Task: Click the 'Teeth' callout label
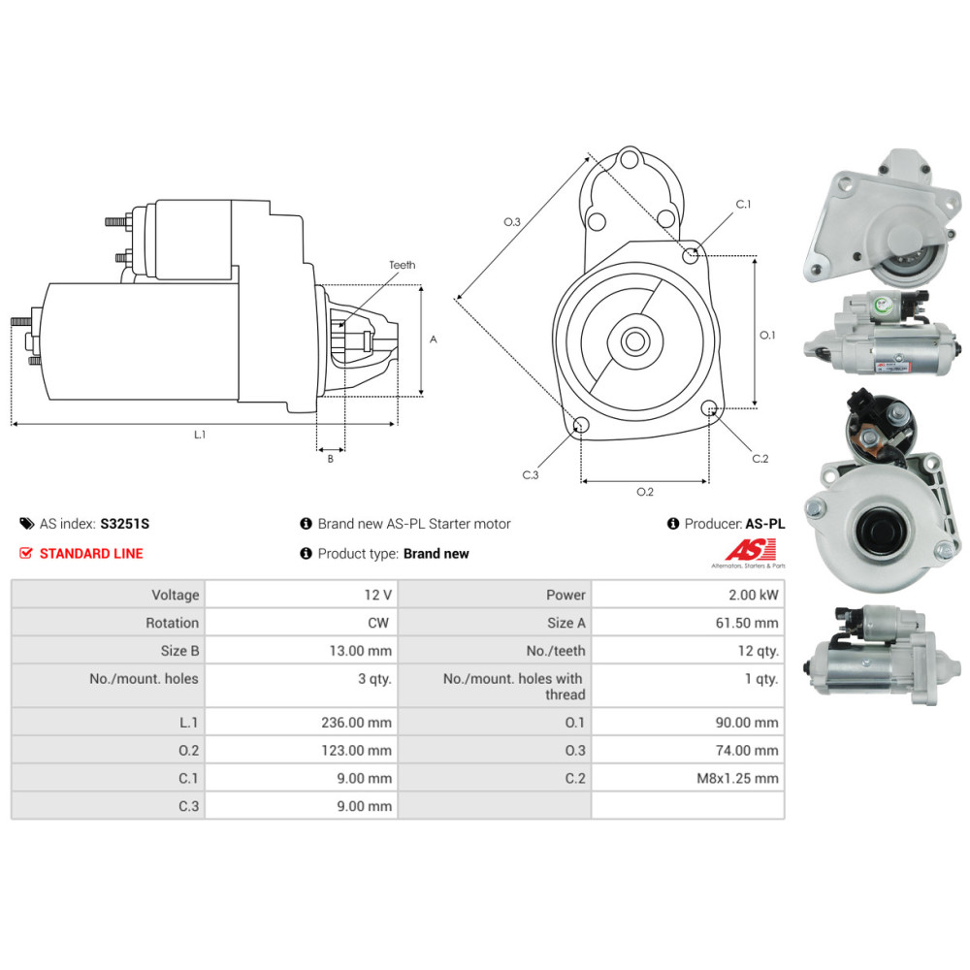[x=402, y=265]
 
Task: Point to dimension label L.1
[x=199, y=435]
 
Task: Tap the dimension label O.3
[x=512, y=222]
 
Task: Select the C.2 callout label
[x=760, y=458]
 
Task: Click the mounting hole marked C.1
[x=691, y=255]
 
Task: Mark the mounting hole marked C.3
[x=580, y=425]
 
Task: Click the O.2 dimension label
[x=645, y=492]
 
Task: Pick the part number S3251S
[x=124, y=524]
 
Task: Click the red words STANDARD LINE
[x=90, y=553]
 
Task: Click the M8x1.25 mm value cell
[x=742, y=778]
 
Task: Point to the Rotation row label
[x=172, y=623]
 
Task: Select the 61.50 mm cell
[x=747, y=623]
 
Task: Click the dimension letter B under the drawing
[x=330, y=459]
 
